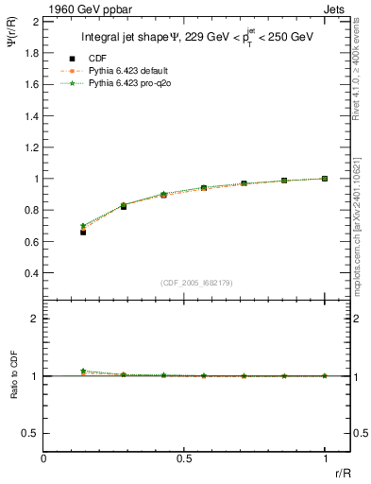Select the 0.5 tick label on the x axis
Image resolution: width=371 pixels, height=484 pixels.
click(183, 458)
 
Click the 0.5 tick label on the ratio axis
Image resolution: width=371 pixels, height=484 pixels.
click(30, 433)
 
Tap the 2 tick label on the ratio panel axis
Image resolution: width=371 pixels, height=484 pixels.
click(35, 319)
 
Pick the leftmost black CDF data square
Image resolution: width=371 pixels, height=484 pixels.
click(83, 232)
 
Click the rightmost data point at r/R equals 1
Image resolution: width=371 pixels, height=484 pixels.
click(325, 178)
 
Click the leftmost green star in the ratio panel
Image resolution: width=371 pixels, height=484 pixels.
click(83, 371)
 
